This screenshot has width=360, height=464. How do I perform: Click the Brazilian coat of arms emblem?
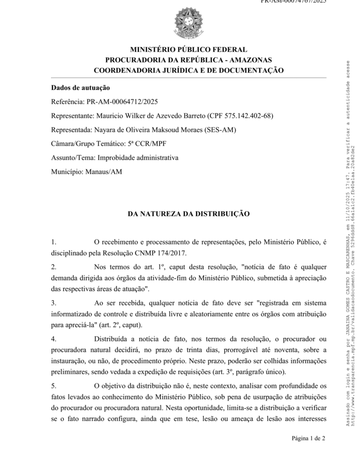click(x=188, y=24)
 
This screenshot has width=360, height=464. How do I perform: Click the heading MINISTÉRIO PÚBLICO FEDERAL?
click(x=188, y=50)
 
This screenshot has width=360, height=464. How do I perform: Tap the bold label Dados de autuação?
click(x=81, y=87)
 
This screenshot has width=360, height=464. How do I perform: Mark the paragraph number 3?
click(x=53, y=302)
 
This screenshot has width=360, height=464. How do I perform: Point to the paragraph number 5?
click(x=53, y=386)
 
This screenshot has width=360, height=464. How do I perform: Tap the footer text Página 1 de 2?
click(x=309, y=438)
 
